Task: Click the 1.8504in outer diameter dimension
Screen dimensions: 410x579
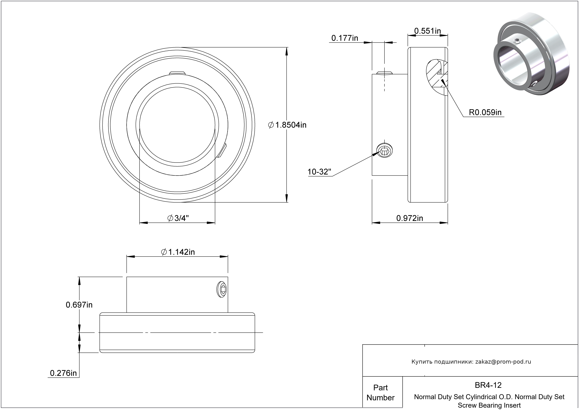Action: click(x=287, y=125)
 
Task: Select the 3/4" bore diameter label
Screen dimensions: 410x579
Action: click(x=178, y=218)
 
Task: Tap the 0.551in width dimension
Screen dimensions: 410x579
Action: click(x=428, y=31)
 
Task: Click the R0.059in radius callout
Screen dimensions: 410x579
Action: click(x=485, y=112)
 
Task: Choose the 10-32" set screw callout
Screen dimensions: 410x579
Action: click(x=319, y=172)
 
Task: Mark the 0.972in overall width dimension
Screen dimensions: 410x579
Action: click(x=410, y=218)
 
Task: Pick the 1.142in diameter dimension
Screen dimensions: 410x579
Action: click(x=178, y=252)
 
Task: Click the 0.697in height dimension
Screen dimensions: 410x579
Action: click(x=79, y=305)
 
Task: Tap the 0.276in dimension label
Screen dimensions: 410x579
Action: click(x=63, y=373)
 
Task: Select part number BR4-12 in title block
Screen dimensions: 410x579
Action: click(x=488, y=385)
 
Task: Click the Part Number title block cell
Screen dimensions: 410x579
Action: click(x=380, y=393)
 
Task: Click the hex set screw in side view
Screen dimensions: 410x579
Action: click(x=385, y=151)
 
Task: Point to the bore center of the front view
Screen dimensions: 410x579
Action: click(x=177, y=125)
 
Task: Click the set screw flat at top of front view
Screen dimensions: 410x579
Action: click(x=177, y=73)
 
